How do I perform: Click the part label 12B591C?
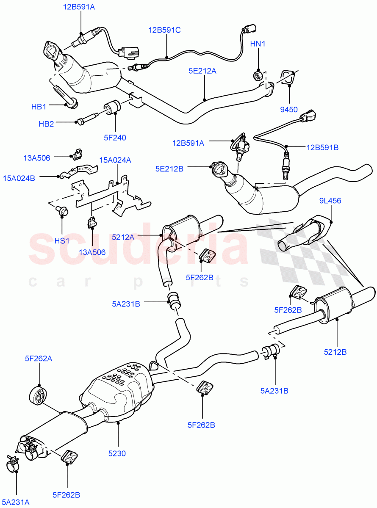[x=164, y=30]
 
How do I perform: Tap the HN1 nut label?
[x=258, y=44]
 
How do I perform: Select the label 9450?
[x=289, y=110]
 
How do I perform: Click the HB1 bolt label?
[x=39, y=107]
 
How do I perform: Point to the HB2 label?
[x=46, y=124]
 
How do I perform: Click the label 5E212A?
[x=202, y=71]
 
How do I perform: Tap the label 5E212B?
[x=169, y=168]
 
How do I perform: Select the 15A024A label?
[x=115, y=160]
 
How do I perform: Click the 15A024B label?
[x=20, y=178]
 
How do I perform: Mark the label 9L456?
[x=330, y=201]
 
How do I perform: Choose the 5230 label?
[x=116, y=453]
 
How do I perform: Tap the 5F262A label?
[x=39, y=359]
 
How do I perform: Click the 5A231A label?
[x=17, y=502]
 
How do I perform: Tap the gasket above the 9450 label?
[x=288, y=78]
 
